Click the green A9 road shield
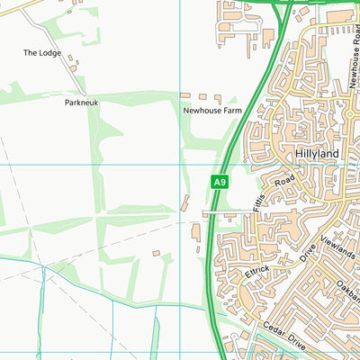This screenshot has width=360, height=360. (219, 182)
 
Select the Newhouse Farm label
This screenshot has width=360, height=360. (212, 111)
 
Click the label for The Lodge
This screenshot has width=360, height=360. (41, 53)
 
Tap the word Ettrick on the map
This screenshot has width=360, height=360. (256, 268)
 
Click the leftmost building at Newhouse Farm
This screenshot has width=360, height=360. (184, 94)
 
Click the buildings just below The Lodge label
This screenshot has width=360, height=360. (72, 66)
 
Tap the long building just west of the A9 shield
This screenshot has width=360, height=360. (185, 203)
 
